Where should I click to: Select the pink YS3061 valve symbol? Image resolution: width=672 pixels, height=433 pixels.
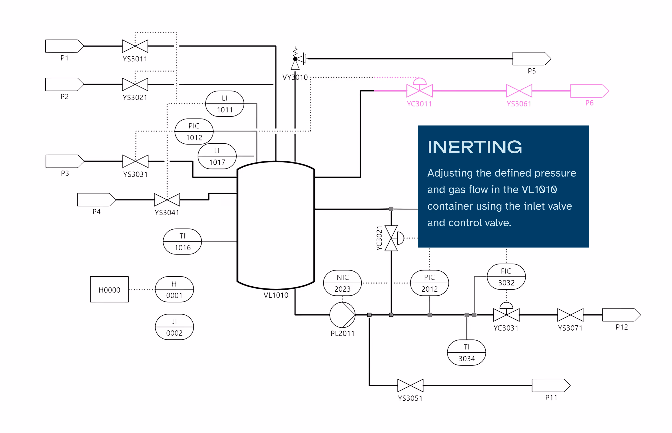pyautogui.click(x=519, y=91)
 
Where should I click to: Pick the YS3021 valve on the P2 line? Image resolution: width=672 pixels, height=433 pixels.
pyautogui.click(x=135, y=84)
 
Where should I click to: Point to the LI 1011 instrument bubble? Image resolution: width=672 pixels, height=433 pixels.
pyautogui.click(x=224, y=104)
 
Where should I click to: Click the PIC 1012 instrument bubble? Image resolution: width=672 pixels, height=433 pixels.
pyautogui.click(x=194, y=131)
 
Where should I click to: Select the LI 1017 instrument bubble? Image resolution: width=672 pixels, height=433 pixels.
pyautogui.click(x=217, y=156)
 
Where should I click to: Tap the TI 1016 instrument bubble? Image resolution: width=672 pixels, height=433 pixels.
pyautogui.click(x=182, y=242)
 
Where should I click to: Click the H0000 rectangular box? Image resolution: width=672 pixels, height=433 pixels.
pyautogui.click(x=109, y=289)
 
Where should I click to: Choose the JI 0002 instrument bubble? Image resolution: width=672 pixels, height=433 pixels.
pyautogui.click(x=174, y=327)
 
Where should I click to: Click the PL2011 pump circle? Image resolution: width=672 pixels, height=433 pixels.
pyautogui.click(x=342, y=315)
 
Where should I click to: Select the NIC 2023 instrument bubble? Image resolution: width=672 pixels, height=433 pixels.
pyautogui.click(x=342, y=283)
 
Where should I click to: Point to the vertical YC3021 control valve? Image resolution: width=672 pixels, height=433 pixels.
pyautogui.click(x=391, y=238)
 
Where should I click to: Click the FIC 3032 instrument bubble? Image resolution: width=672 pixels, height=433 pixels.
pyautogui.click(x=506, y=277)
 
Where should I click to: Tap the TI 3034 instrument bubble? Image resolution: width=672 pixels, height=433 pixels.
pyautogui.click(x=466, y=353)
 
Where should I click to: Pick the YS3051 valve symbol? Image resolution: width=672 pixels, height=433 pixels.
pyautogui.click(x=410, y=385)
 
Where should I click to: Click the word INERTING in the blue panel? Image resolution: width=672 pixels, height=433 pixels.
pyautogui.click(x=474, y=147)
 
